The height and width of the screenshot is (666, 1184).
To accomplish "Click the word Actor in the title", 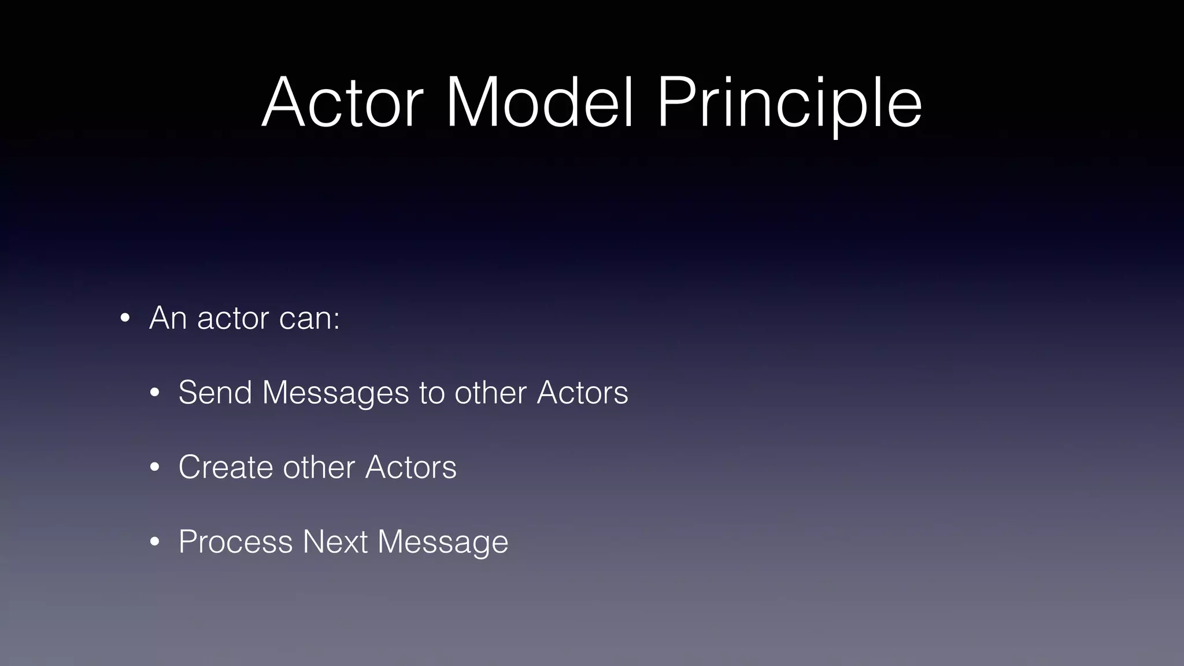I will tap(343, 103).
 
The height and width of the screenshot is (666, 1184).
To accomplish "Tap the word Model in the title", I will tap(541, 103).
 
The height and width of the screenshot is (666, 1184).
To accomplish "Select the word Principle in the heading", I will tap(789, 104).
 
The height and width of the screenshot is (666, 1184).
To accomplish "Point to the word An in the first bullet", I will tap(168, 318).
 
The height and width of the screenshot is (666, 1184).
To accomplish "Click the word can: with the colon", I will tap(309, 319).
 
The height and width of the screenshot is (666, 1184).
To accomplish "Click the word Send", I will tap(215, 393).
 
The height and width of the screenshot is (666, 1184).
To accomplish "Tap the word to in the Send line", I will tap(432, 393).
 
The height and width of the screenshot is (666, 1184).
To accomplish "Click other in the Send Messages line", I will tap(491, 393).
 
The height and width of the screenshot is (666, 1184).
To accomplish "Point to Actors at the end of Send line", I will tap(582, 393).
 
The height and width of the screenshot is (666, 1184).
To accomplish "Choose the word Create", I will tap(225, 467).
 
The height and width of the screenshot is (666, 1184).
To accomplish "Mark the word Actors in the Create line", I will tap(411, 467).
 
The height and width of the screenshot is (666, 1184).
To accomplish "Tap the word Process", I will tap(235, 542).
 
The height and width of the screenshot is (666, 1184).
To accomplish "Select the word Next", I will tap(335, 542).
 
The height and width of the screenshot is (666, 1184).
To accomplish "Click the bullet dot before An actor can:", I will tap(124, 319).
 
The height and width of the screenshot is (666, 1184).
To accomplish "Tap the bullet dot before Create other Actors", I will tap(154, 467).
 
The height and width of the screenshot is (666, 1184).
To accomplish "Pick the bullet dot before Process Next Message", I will tap(154, 542).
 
